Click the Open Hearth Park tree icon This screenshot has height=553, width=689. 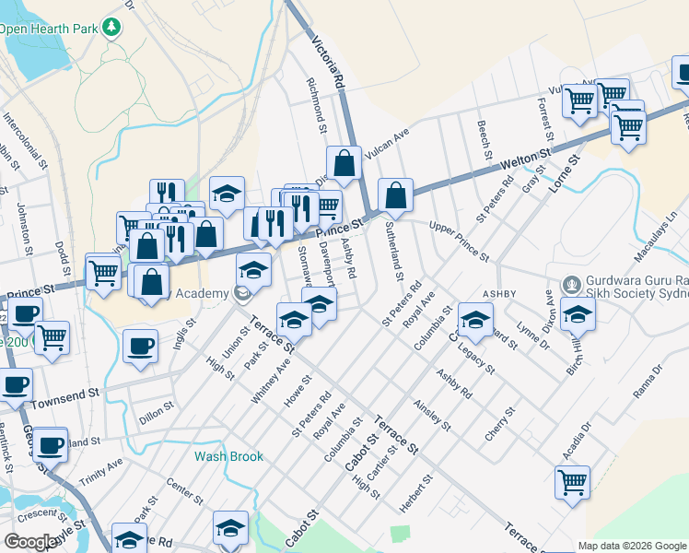click(112, 27)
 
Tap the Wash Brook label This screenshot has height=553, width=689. click(228, 456)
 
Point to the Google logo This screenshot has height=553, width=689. click(30, 542)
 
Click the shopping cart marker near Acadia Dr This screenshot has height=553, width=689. click(572, 480)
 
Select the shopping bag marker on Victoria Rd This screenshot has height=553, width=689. click(344, 163)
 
